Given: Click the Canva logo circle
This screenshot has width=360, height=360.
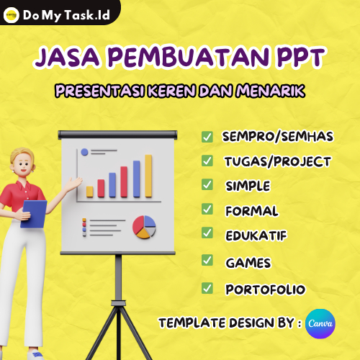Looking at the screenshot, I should pos(320,323).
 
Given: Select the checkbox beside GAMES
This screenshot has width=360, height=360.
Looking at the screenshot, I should pos(207,260).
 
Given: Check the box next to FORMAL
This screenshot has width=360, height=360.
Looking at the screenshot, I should pos(207,210).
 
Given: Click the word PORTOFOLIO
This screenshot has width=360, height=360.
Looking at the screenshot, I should pos(265,289).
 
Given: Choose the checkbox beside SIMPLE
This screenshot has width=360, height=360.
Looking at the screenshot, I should pos(207,184).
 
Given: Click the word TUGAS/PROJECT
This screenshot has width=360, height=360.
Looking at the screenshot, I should pos(277,161).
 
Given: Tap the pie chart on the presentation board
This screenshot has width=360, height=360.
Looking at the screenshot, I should pos(144,227).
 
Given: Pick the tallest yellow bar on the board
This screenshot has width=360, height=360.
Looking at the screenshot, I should pos(148,176).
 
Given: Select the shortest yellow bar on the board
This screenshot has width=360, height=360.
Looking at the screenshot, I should pos(90,192).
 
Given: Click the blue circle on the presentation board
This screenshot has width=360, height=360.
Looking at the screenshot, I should pos(85,152).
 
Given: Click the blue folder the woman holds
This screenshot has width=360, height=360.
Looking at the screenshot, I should pos(33,212).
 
